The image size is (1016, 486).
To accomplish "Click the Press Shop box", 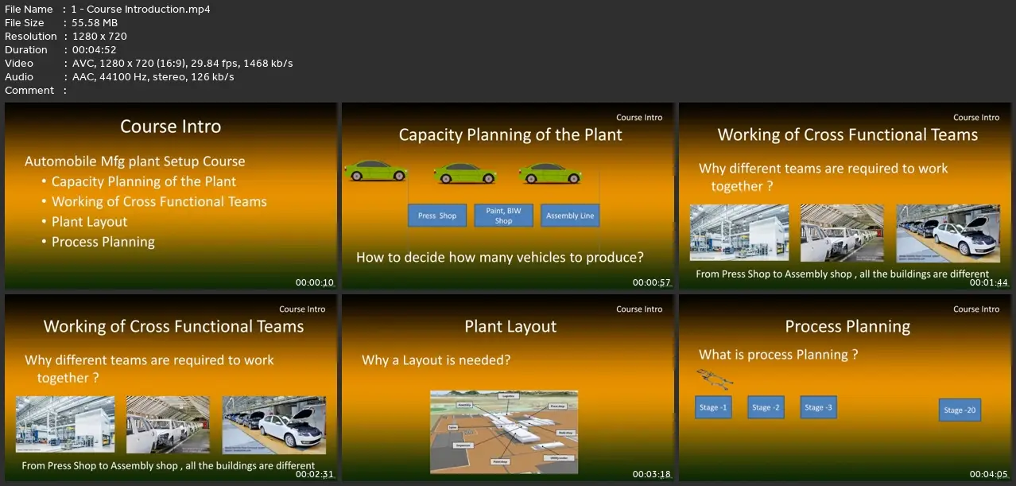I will [x=436, y=216].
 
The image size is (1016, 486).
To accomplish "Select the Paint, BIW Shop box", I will [x=503, y=216].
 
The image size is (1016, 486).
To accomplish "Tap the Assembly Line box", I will [x=570, y=216].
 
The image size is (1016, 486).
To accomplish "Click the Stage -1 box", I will [x=713, y=407].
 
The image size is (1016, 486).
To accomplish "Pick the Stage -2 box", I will [x=766, y=407].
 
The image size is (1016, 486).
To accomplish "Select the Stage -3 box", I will [x=818, y=407].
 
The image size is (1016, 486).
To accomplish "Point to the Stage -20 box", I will [x=960, y=410].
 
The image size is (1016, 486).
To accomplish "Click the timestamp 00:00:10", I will [x=315, y=282].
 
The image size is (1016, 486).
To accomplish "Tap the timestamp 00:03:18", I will [x=652, y=474].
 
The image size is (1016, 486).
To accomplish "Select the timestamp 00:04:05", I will [x=989, y=474].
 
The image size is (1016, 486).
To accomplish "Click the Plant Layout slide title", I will [x=510, y=327].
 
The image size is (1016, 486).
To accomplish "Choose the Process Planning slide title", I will [x=847, y=327].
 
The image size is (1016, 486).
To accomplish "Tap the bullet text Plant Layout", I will [x=89, y=222].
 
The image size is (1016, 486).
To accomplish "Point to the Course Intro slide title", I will [x=170, y=126].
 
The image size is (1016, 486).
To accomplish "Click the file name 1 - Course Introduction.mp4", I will [x=141, y=10].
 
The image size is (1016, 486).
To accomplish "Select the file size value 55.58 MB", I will [x=95, y=23].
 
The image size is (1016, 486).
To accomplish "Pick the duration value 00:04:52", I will [x=95, y=50].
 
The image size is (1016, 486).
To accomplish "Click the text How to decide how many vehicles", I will [x=499, y=257].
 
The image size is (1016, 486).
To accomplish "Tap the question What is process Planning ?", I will [x=778, y=355].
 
